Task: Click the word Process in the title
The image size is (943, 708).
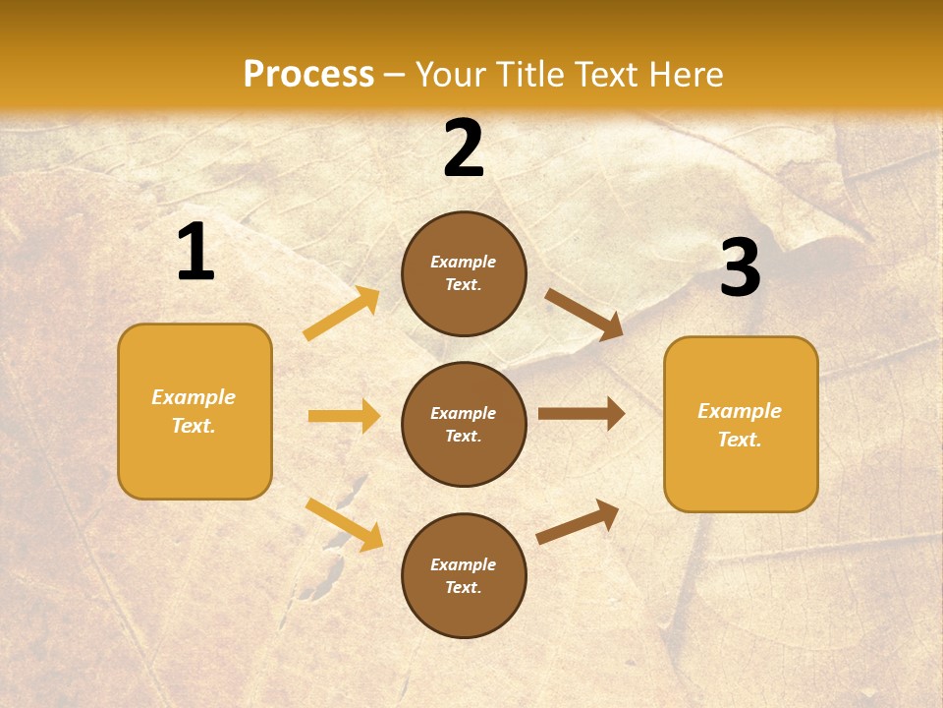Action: coord(308,75)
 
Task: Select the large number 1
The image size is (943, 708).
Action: coord(195,253)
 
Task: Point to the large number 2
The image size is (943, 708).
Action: coord(464,148)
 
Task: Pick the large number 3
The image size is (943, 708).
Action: coord(740,268)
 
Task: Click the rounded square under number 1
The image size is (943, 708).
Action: coord(194,411)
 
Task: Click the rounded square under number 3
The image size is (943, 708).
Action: coord(741,424)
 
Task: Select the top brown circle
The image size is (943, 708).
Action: coord(464,273)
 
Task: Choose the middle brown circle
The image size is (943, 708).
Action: coord(464,424)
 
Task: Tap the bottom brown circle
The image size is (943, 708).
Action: coord(464,575)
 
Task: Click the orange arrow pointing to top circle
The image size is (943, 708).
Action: coord(342,314)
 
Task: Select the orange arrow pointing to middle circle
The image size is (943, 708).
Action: coord(344,416)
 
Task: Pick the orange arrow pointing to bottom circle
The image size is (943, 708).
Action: coord(344,524)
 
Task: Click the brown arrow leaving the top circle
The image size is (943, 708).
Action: coord(583,314)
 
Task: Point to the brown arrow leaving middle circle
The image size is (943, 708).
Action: coord(581,414)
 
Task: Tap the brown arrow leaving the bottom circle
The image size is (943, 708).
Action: coord(578,522)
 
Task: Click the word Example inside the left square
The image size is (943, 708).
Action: coord(194,397)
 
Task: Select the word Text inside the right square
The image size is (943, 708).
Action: coord(740,440)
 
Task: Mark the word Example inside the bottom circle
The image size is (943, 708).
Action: coord(463,564)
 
